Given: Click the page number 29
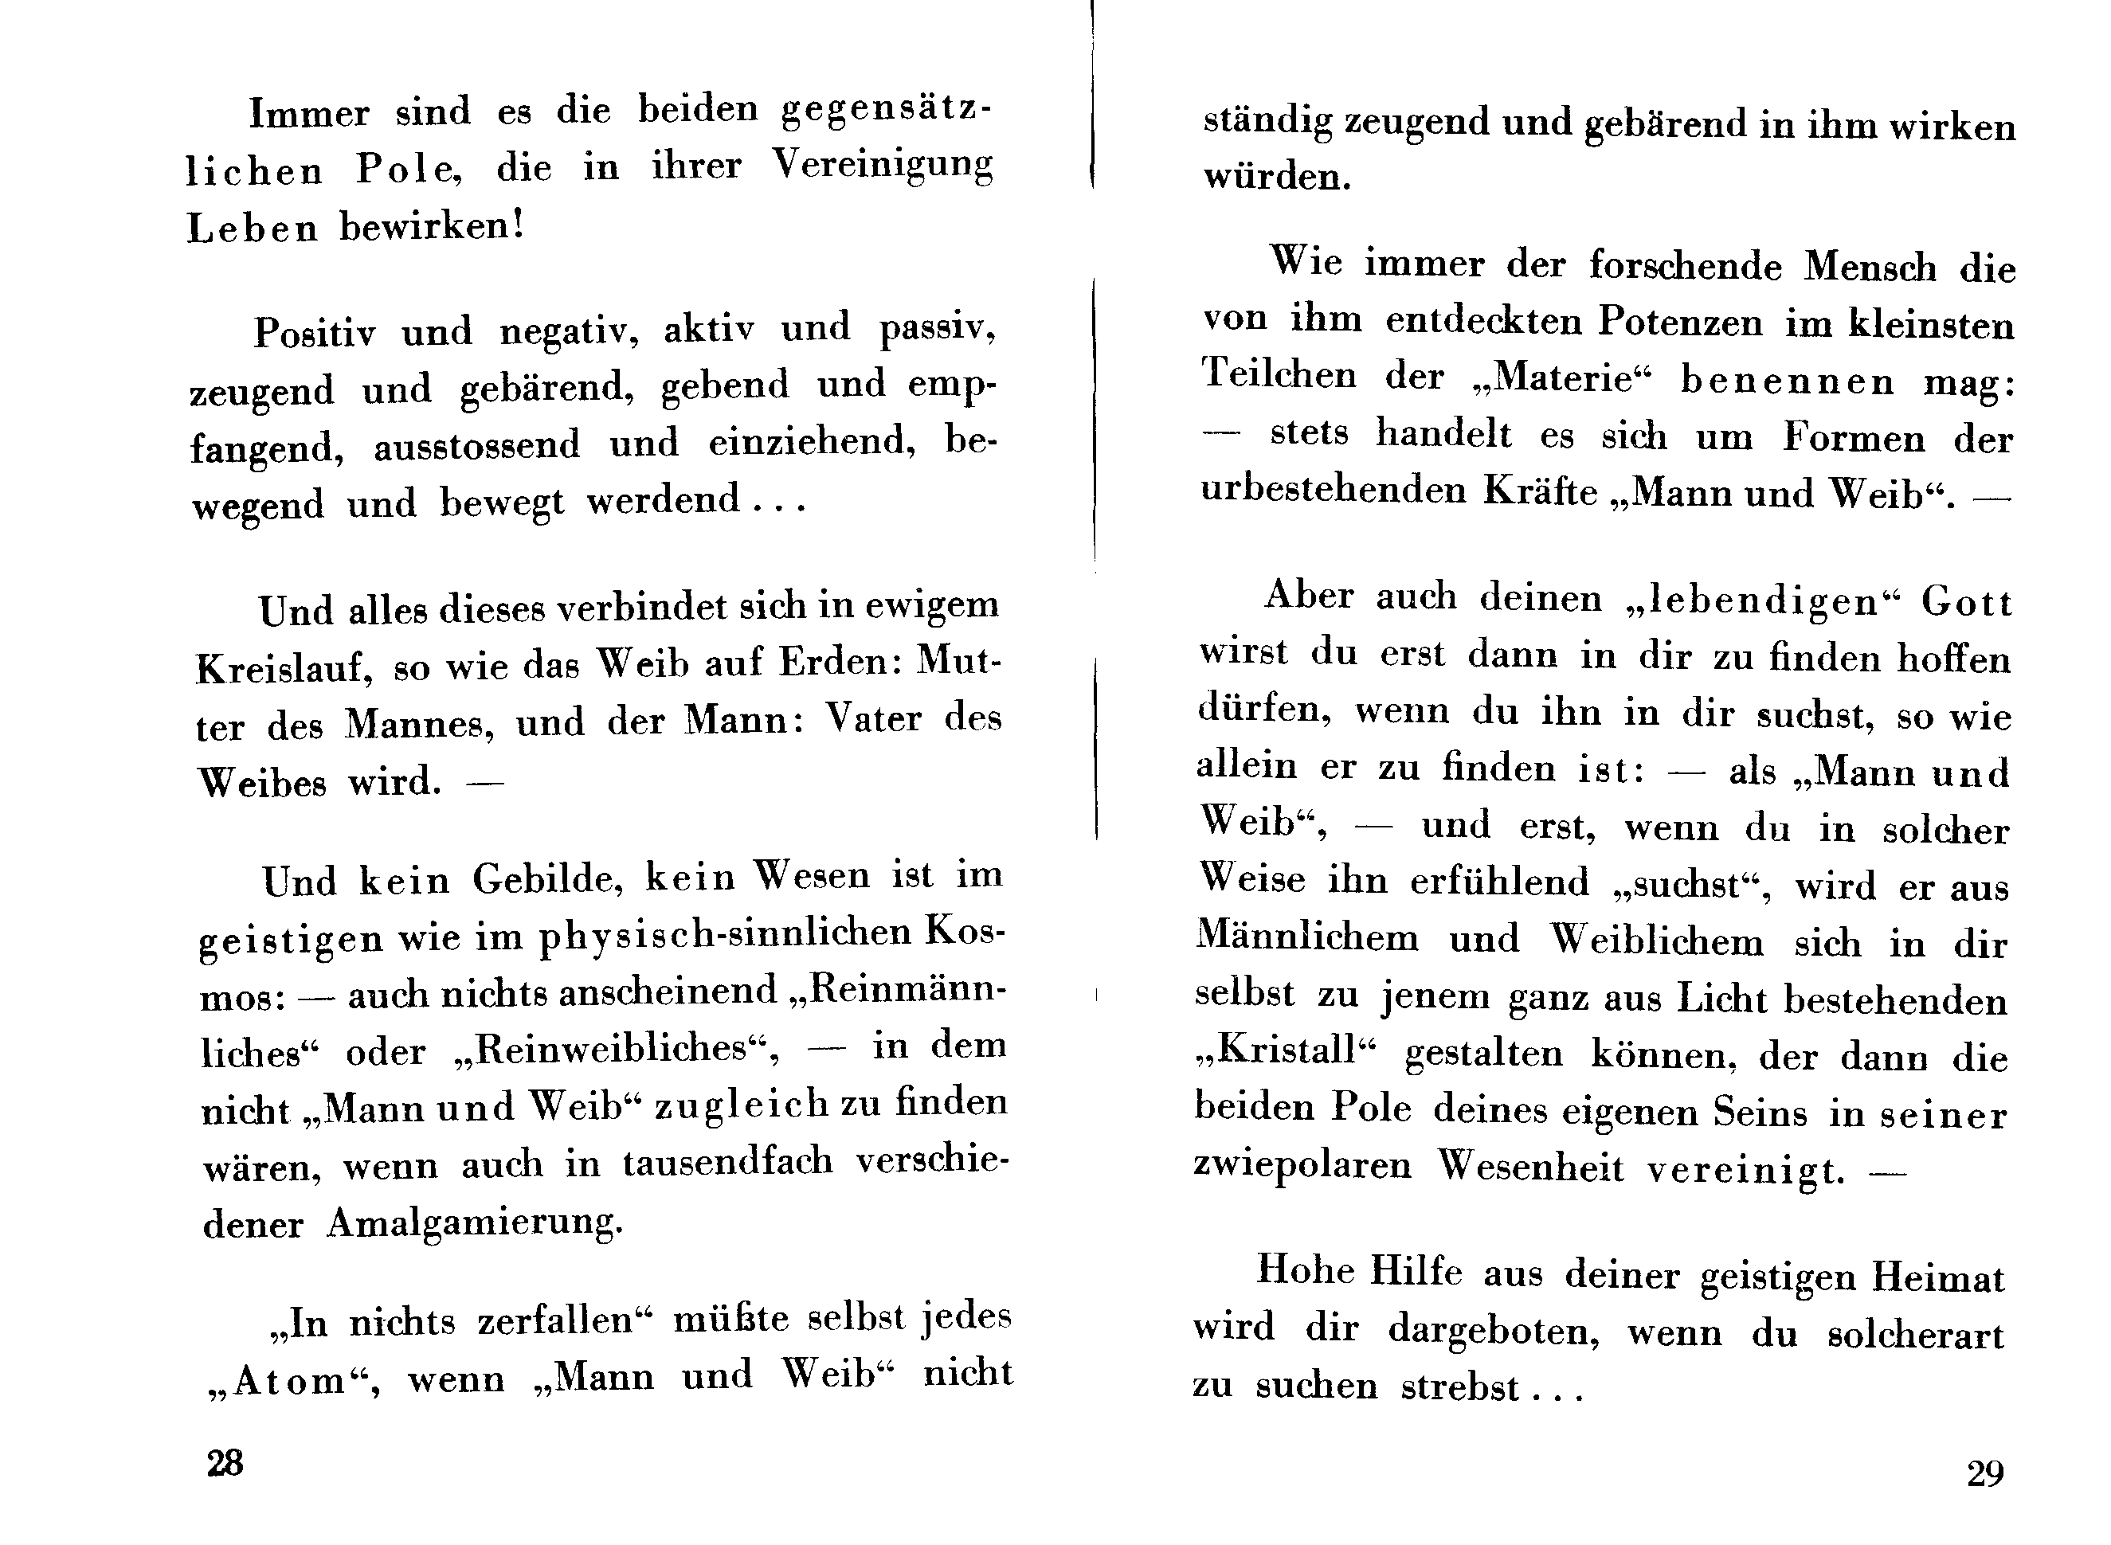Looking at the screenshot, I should pyautogui.click(x=1984, y=1475).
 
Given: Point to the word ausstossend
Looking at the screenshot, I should pyautogui.click(x=477, y=445).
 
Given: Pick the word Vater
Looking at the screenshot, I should pyautogui.click(x=874, y=719).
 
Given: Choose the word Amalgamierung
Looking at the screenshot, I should pyautogui.click(x=474, y=1223).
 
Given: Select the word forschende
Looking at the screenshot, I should pyautogui.click(x=1686, y=267).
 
